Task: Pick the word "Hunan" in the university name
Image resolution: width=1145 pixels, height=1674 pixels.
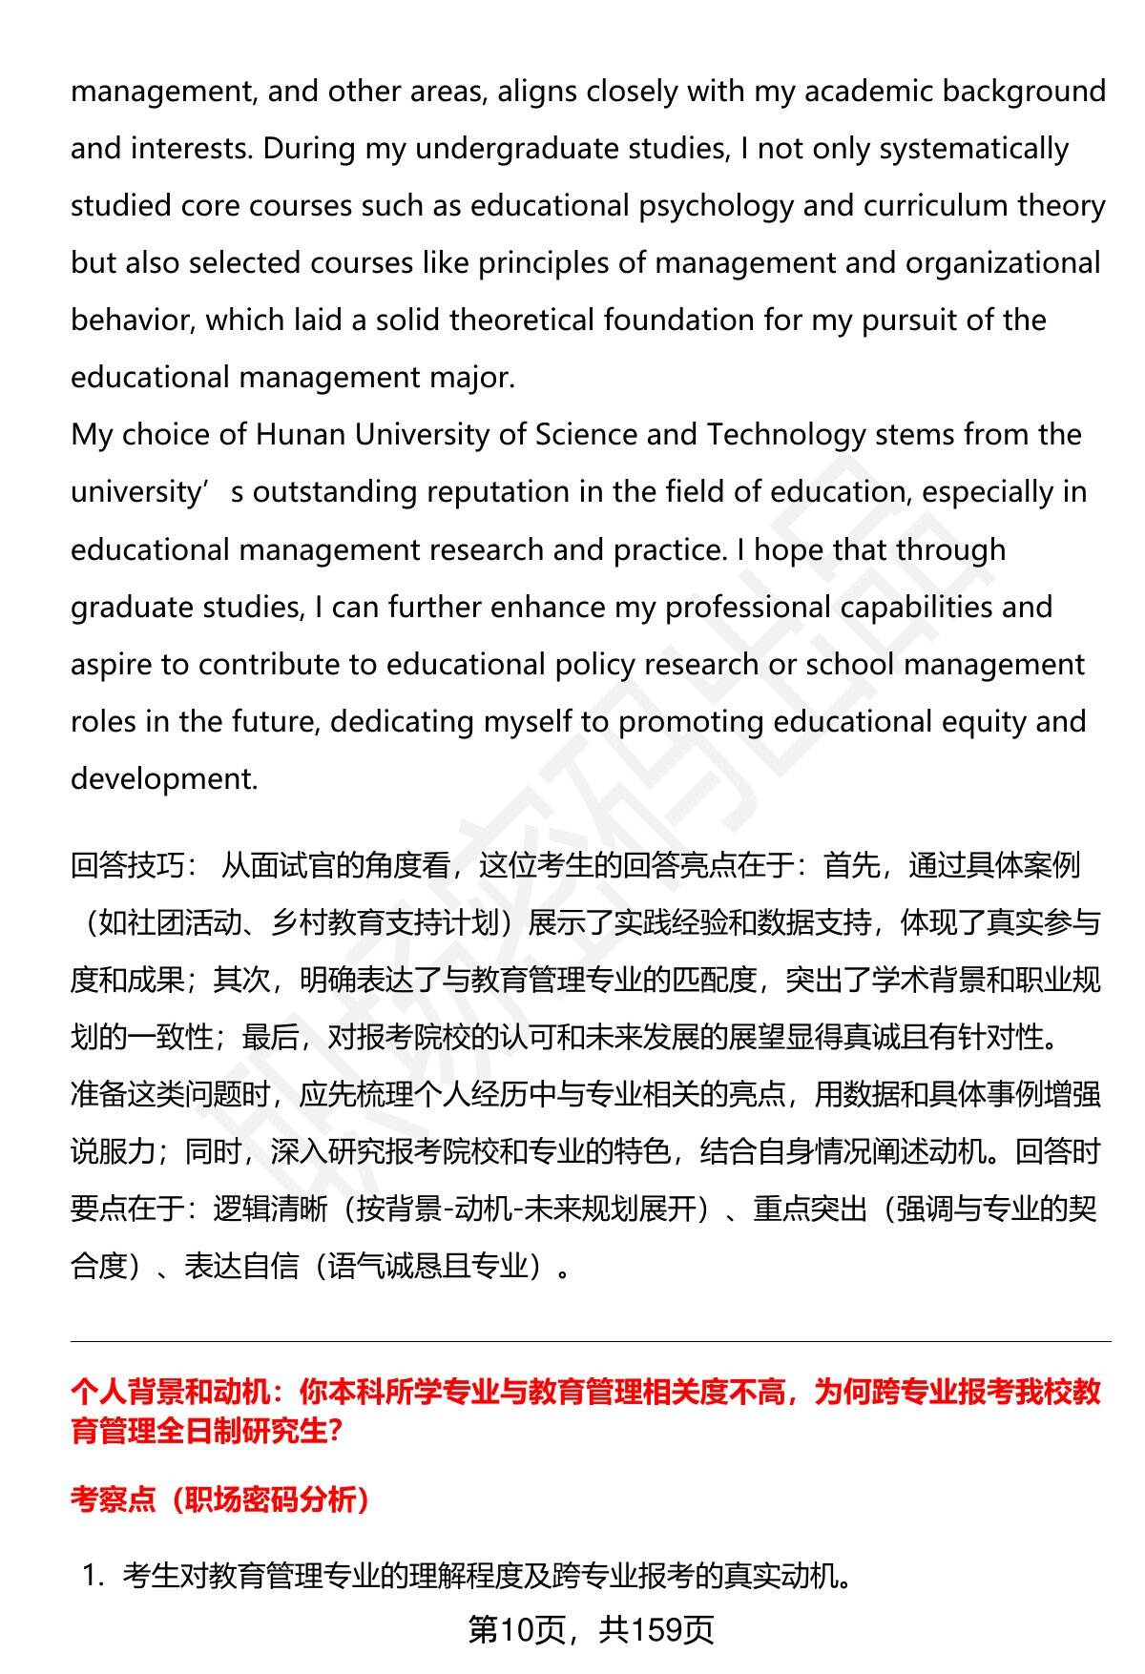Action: [x=301, y=435]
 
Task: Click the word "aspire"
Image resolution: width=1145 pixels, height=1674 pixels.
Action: [x=112, y=665]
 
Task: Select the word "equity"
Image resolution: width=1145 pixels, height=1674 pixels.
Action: [x=981, y=722]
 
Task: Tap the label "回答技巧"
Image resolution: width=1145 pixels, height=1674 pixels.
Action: [x=128, y=865]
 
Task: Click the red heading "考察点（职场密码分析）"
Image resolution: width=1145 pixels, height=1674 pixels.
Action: [x=220, y=1499]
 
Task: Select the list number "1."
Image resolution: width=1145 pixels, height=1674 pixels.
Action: [x=94, y=1577]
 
